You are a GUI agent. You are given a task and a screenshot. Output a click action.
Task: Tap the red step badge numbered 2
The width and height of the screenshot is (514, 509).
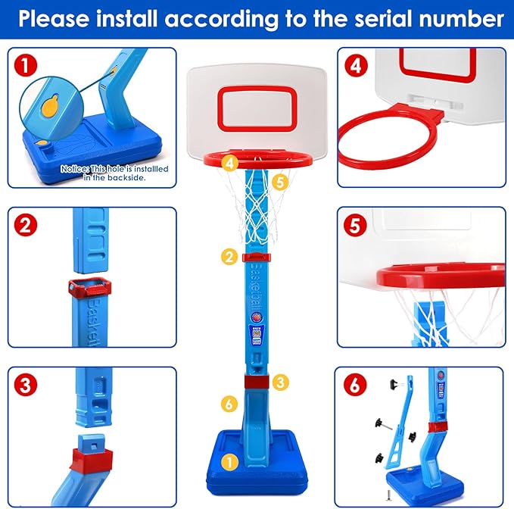point(27,225)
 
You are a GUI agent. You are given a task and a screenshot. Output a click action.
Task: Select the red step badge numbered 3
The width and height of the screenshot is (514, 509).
point(27,384)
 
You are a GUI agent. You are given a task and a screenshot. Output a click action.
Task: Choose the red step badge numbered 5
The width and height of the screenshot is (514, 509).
point(354,225)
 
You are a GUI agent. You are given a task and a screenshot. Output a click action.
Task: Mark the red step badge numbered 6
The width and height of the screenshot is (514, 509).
point(354,384)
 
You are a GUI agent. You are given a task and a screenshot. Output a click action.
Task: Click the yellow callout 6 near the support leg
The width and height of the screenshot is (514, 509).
point(229,403)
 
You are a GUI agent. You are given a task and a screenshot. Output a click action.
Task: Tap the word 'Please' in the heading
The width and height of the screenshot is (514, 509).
point(56,18)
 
